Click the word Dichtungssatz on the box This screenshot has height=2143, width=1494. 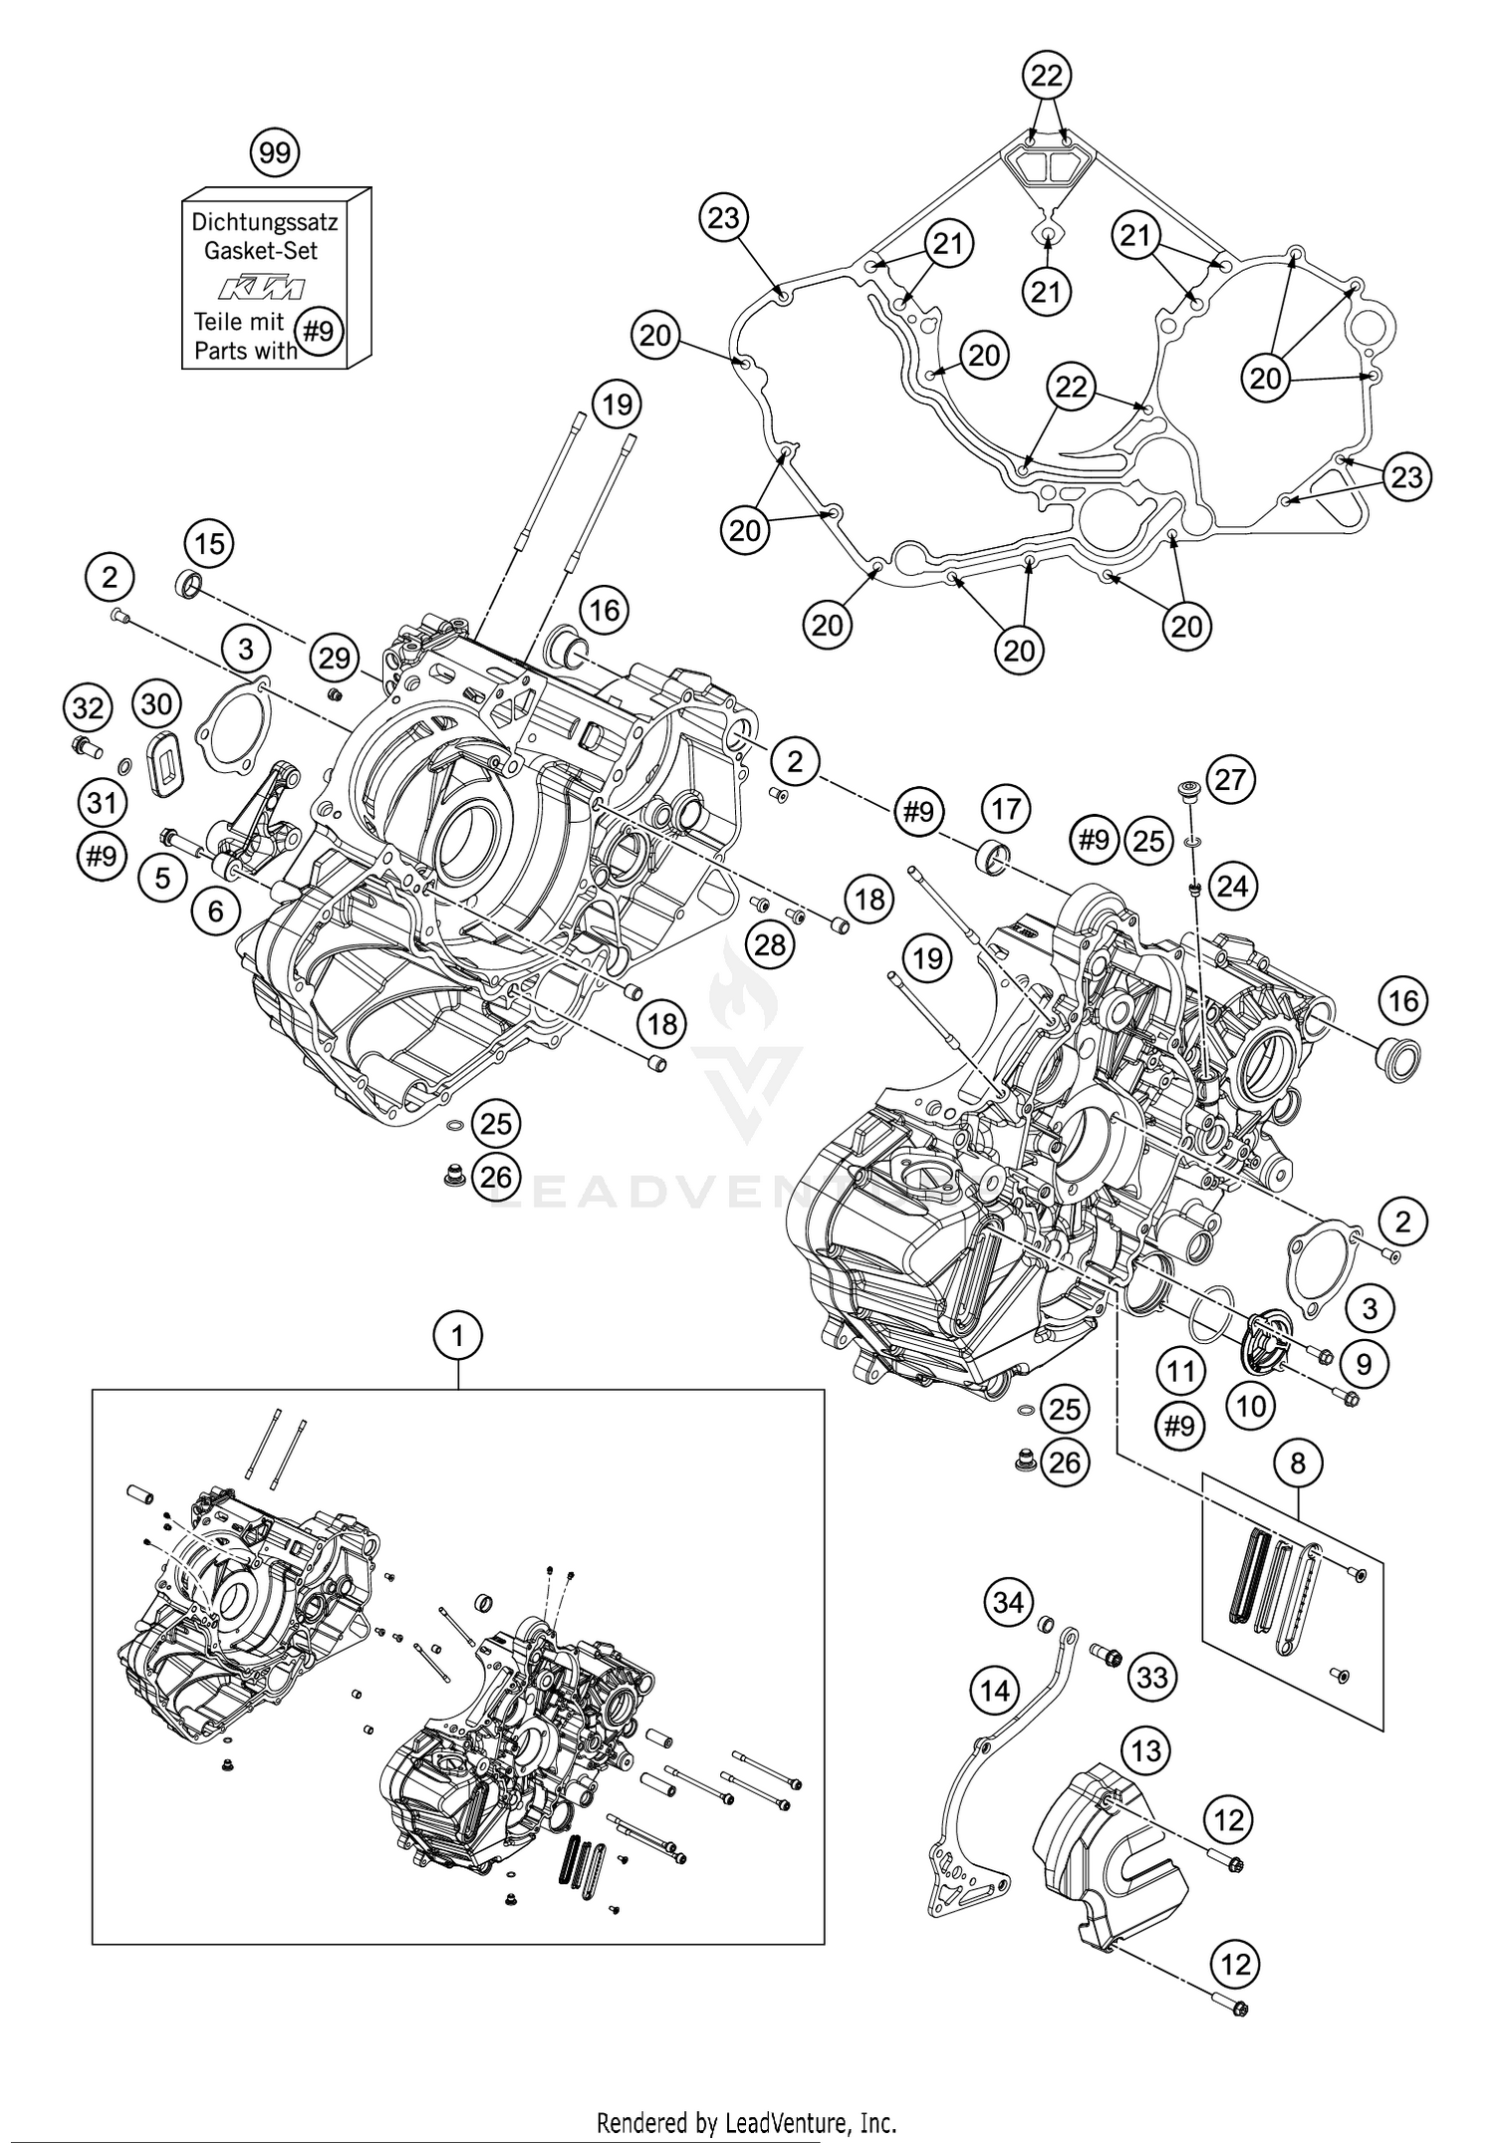coord(264,222)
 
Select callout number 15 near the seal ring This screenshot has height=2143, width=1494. coord(209,544)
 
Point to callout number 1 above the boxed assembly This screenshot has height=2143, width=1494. coord(457,1335)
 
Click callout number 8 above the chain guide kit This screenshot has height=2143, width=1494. coord(1298,1463)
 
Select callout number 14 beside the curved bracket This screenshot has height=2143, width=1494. coord(995,1690)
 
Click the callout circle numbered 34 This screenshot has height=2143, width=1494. coord(1009,1603)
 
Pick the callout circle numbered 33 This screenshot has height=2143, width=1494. coord(1151,1677)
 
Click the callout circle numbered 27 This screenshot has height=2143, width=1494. coord(1231,778)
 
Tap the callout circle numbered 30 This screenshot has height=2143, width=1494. coord(156,704)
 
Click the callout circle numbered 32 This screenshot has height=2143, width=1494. coord(88,708)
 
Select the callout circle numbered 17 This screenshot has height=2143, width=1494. coord(1007,808)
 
